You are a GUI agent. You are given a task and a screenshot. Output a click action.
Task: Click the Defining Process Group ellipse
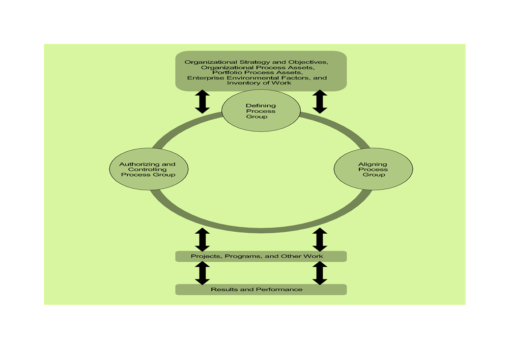pyautogui.click(x=261, y=112)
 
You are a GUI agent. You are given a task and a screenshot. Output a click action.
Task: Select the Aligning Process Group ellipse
pyautogui.click(x=373, y=170)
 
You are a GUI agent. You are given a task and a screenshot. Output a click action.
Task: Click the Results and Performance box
pyautogui.click(x=261, y=290)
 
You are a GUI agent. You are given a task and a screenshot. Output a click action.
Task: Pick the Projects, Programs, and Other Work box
pyautogui.click(x=261, y=256)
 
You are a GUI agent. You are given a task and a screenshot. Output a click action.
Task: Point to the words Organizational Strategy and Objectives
pyautogui.click(x=256, y=62)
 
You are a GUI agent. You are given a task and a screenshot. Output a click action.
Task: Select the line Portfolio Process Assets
pyautogui.click(x=256, y=73)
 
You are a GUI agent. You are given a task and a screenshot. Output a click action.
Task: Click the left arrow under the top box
pyautogui.click(x=203, y=101)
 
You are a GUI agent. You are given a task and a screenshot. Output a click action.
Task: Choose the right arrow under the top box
pyautogui.click(x=319, y=101)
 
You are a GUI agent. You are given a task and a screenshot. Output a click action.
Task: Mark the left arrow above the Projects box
pyautogui.click(x=203, y=239)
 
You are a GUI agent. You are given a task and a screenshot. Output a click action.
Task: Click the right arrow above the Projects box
pyautogui.click(x=319, y=239)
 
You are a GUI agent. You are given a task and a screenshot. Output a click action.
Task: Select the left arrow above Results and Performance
pyautogui.click(x=203, y=273)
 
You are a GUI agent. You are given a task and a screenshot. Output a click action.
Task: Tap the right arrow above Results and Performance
pyautogui.click(x=319, y=273)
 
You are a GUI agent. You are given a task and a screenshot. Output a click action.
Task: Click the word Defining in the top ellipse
pyautogui.click(x=261, y=106)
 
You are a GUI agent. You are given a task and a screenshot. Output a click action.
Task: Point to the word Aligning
pyautogui.click(x=373, y=164)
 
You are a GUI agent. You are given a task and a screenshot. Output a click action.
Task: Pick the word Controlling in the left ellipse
pyautogui.click(x=148, y=170)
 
